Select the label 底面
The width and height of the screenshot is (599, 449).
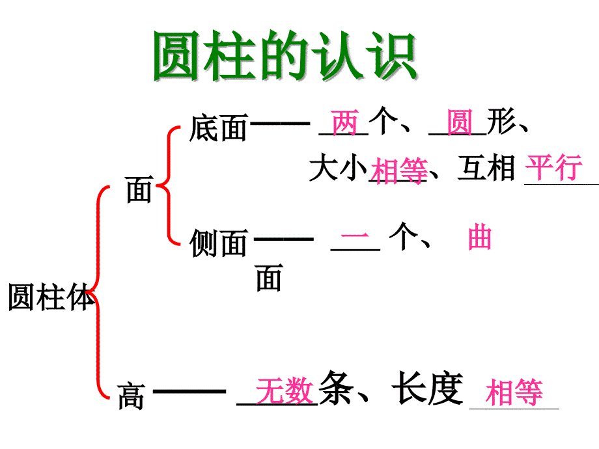218,128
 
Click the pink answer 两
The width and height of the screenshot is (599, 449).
344,123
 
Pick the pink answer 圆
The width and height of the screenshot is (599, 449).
460,123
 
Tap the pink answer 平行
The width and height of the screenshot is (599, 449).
554,168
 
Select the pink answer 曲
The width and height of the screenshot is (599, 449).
480,239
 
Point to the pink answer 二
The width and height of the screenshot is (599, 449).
355,239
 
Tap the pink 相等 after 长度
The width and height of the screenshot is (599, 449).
514,394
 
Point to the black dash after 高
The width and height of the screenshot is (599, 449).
189,391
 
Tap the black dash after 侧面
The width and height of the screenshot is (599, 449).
283,239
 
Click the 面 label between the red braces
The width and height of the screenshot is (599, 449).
139,191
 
